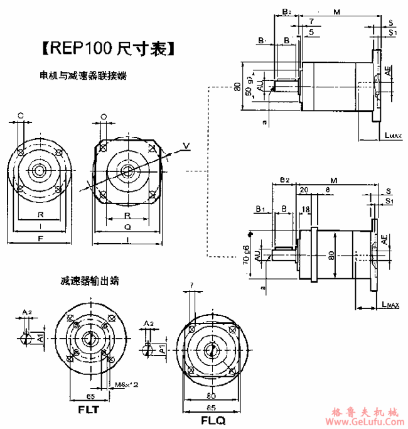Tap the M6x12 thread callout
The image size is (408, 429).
click(x=127, y=383)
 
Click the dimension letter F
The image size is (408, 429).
click(x=40, y=239)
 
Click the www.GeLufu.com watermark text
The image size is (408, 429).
click(x=364, y=422)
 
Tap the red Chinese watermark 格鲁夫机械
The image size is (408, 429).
click(x=364, y=412)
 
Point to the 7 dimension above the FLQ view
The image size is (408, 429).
click(x=191, y=286)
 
